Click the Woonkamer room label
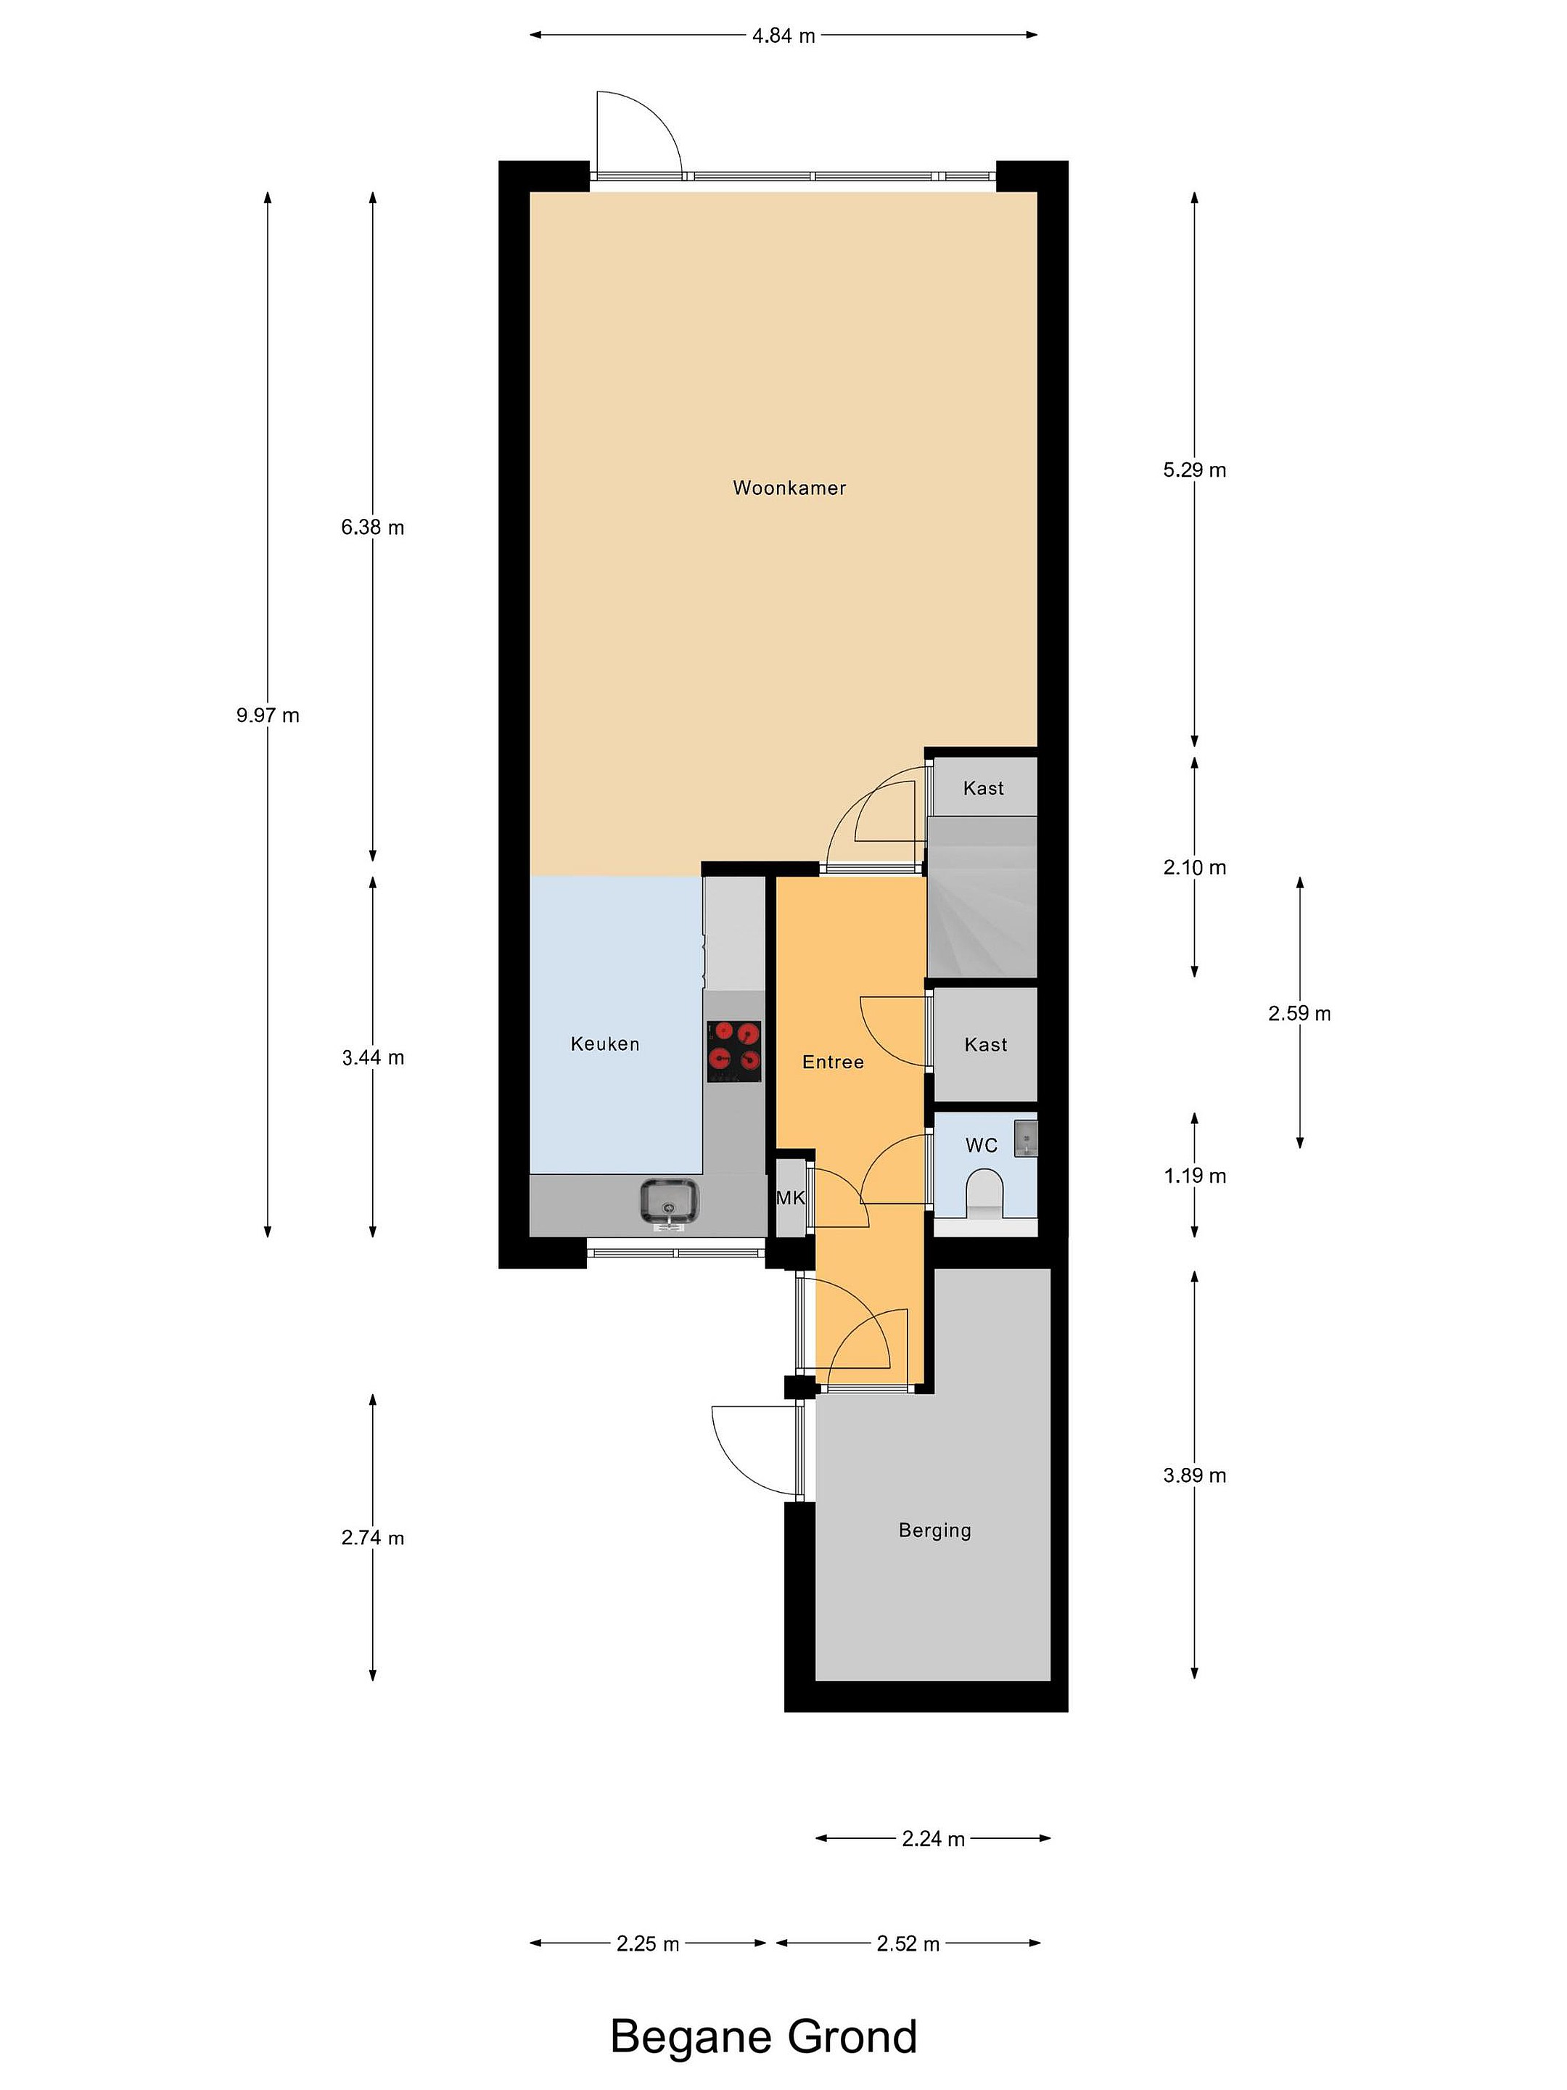coord(789,488)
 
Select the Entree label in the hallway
coord(832,1061)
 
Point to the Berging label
coord(934,1530)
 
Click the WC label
coord(982,1145)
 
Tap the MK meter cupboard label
coord(791,1198)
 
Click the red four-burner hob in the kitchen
coord(735,1051)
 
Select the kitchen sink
coord(669,1201)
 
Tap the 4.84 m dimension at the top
coord(783,36)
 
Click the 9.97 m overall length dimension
coord(267,716)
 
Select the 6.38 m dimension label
coord(372,528)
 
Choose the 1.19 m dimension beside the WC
coord(1194,1176)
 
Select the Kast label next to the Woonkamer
coord(983,788)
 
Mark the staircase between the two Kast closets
coord(982,897)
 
